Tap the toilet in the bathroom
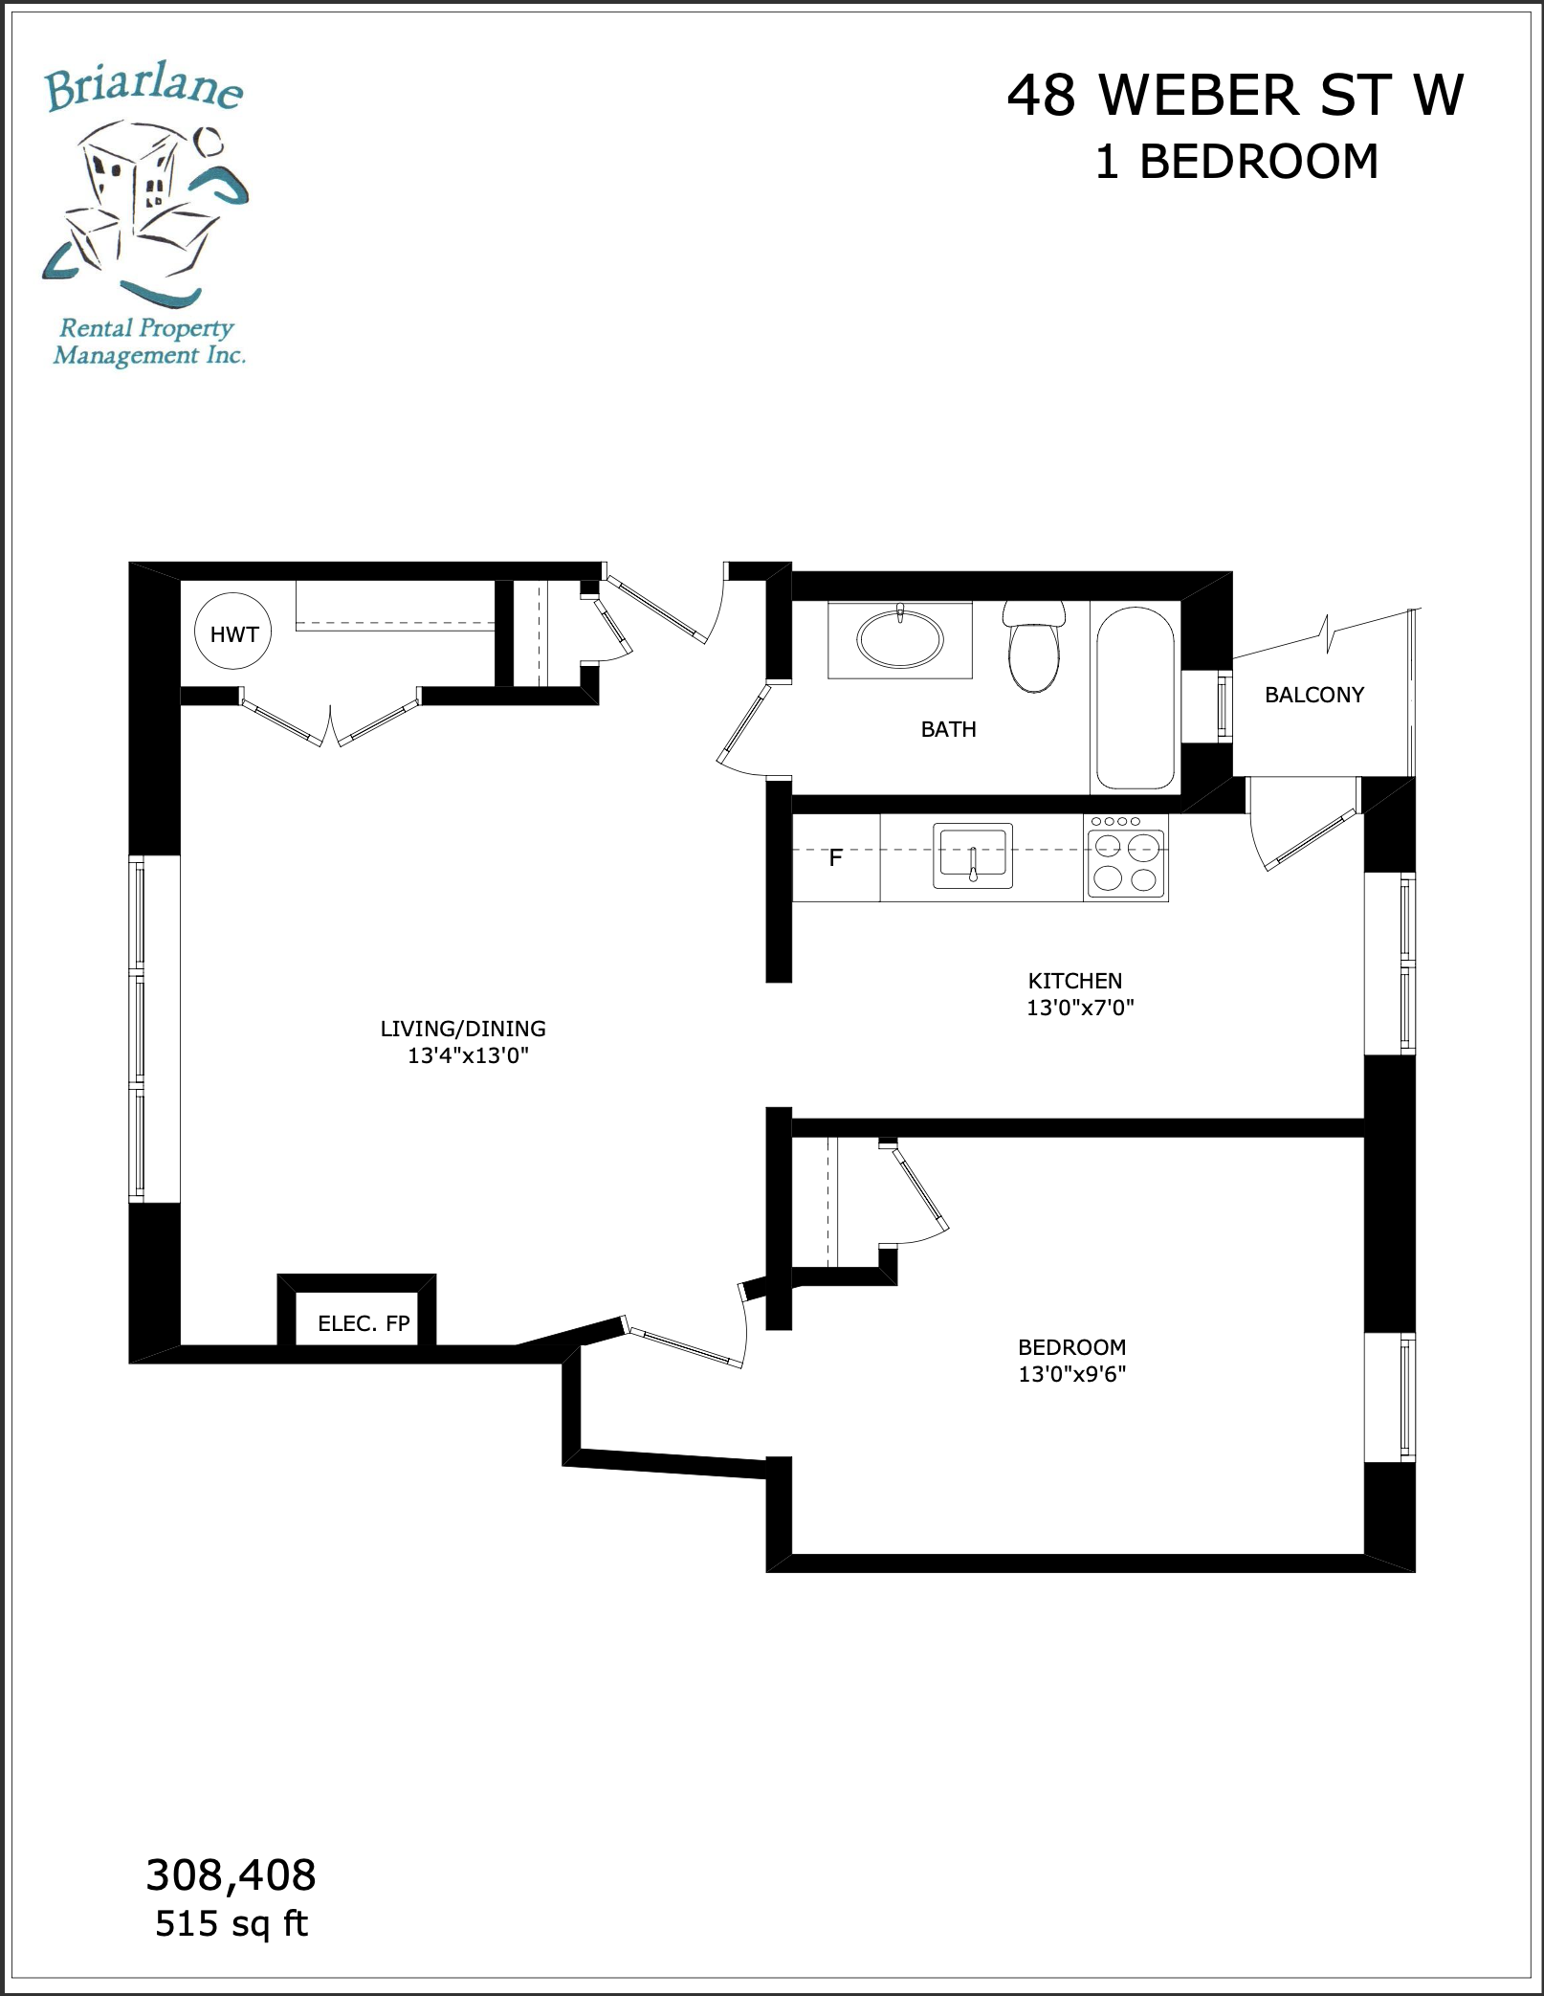pos(1034,646)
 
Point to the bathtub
pos(1135,699)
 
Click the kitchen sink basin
pos(973,855)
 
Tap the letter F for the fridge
pos(835,858)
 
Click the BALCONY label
pos(1314,695)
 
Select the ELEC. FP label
pos(364,1323)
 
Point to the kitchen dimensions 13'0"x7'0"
pos(1080,1008)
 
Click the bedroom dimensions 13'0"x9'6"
pos(1071,1374)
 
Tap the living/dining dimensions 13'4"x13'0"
pos(468,1055)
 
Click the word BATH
pos(948,729)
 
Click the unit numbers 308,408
pos(231,1875)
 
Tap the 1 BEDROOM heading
pos(1236,161)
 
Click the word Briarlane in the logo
pos(143,88)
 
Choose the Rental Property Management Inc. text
pos(149,342)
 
